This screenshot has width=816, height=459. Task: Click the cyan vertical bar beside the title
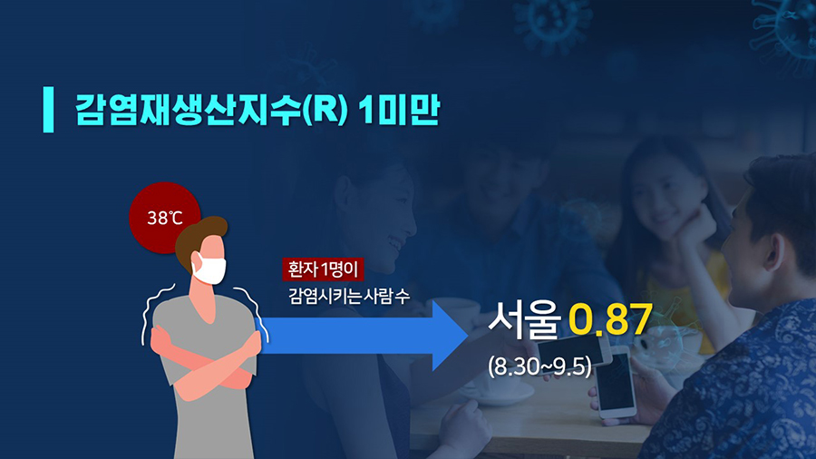point(48,110)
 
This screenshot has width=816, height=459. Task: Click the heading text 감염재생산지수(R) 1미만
point(257,110)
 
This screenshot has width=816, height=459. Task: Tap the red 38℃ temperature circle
point(164,218)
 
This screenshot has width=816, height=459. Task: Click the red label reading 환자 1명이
point(323,269)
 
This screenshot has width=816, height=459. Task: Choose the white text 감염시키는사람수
point(349,296)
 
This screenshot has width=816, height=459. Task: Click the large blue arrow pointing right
point(364,336)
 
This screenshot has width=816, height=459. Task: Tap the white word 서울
point(525,317)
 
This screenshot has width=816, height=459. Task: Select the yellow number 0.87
point(610,318)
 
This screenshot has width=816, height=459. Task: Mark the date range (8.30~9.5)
point(539,366)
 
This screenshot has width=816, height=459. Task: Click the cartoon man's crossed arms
point(207,359)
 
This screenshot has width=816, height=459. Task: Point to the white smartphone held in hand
point(615,383)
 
